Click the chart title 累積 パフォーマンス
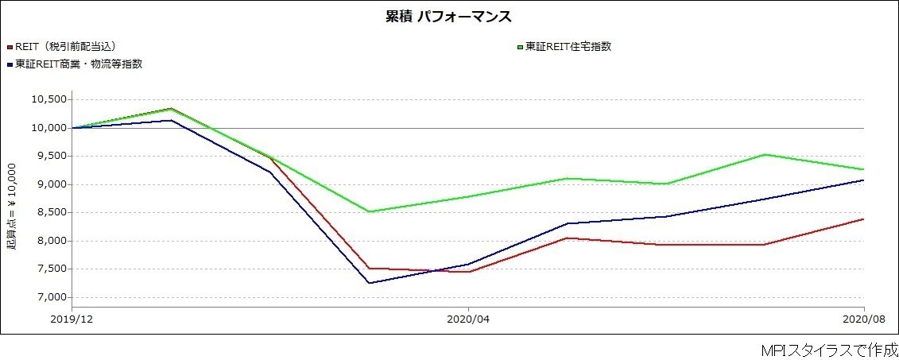click(448, 17)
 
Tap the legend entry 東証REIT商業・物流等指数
click(79, 64)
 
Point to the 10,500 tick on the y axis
click(49, 100)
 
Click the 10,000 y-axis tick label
click(49, 128)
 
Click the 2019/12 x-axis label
click(72, 319)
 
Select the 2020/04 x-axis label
click(468, 319)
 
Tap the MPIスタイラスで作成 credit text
click(828, 350)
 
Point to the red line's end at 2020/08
click(863, 219)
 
